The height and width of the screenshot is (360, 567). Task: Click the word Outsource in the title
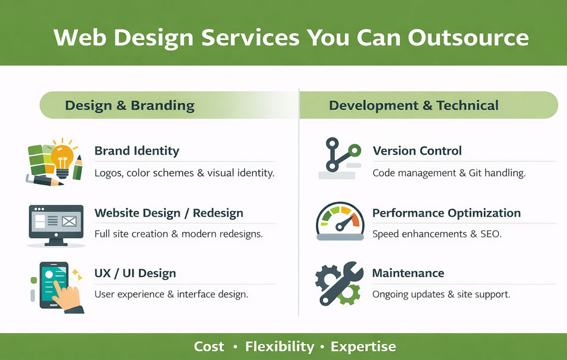point(469,37)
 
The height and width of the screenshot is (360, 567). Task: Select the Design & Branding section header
point(130,106)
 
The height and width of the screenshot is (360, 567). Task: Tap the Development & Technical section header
point(414,106)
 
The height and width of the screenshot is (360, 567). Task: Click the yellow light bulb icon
point(62,157)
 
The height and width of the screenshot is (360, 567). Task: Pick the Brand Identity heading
point(137,150)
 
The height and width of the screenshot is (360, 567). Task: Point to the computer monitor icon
point(57,225)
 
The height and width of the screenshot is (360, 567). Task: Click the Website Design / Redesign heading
point(169,213)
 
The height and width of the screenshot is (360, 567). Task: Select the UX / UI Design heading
point(135,273)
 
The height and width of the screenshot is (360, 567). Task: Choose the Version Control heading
point(417,150)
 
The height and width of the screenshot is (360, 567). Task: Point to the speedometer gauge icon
point(339,221)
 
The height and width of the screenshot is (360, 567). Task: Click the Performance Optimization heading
point(446,213)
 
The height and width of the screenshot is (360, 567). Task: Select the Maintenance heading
point(408,273)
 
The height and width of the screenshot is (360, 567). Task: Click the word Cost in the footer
point(209,346)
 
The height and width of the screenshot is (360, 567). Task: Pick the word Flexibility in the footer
point(279,346)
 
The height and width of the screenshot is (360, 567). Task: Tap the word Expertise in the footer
point(363,346)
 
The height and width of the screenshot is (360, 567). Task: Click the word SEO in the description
point(491,234)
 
